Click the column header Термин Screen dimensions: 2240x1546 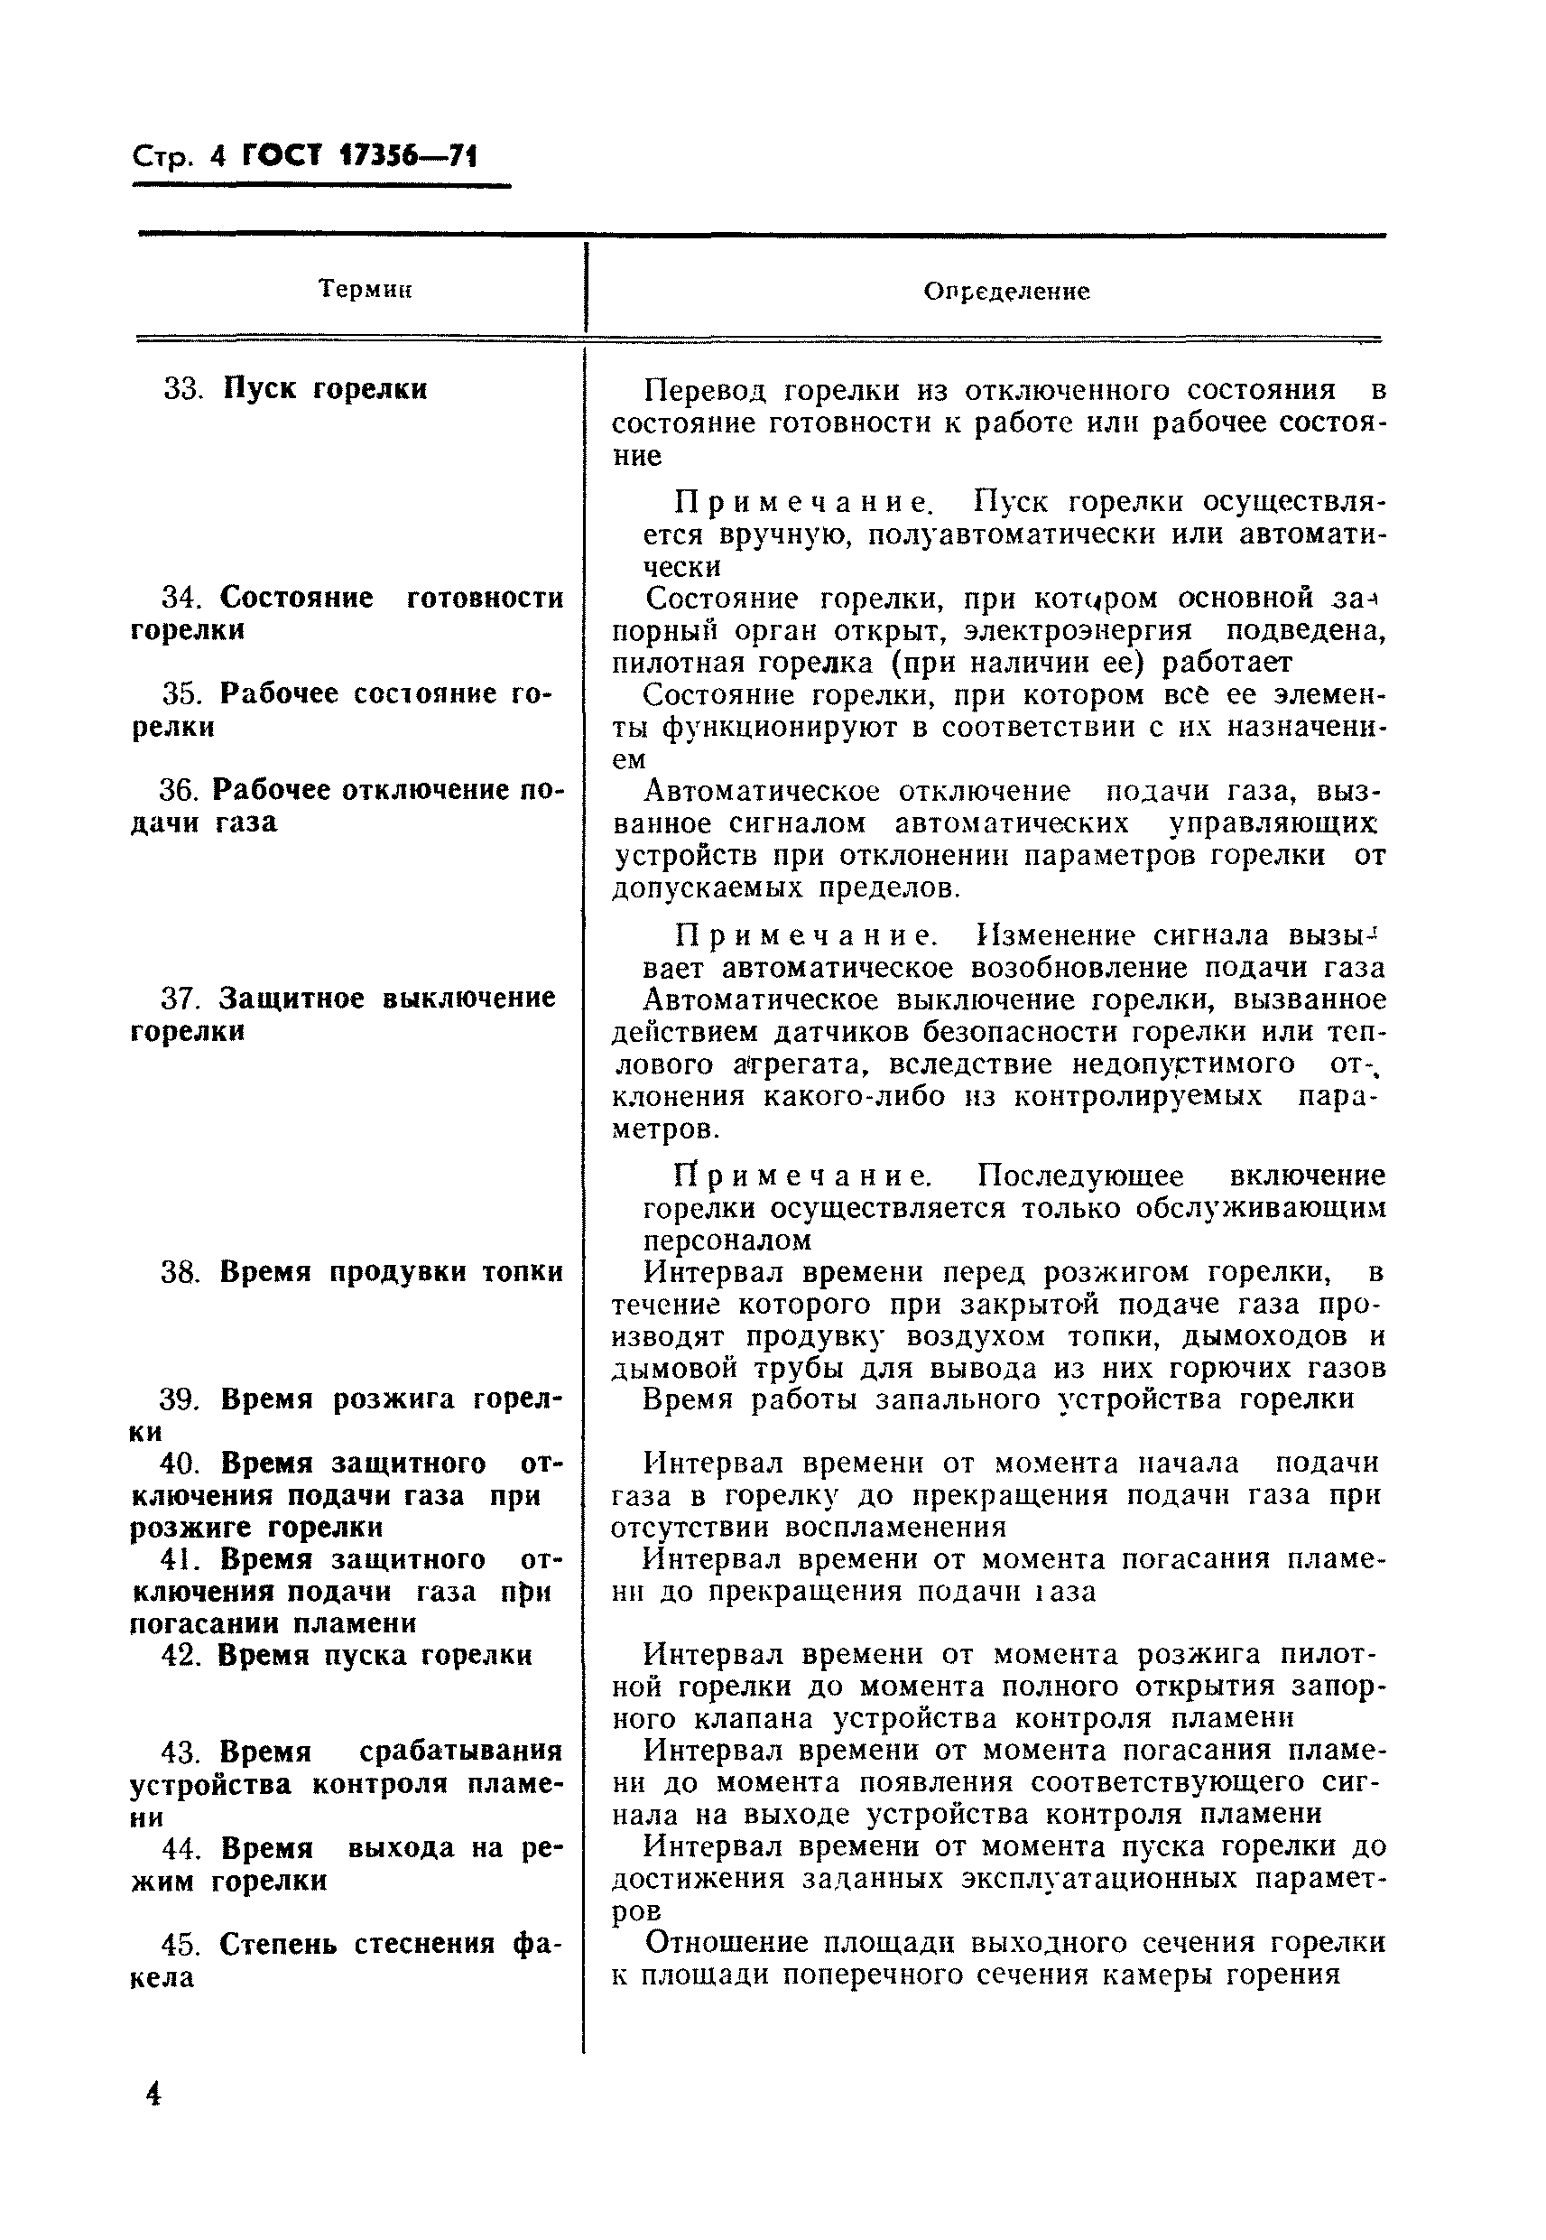click(x=366, y=289)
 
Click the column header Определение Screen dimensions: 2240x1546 click(x=1005, y=291)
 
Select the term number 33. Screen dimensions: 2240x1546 click(x=182, y=388)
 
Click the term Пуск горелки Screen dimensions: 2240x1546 click(x=326, y=388)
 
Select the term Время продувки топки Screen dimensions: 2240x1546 click(x=391, y=1271)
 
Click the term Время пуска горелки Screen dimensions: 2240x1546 click(x=375, y=1655)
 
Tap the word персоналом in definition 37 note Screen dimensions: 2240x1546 click(x=727, y=1241)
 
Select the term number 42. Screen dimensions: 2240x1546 click(x=180, y=1655)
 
